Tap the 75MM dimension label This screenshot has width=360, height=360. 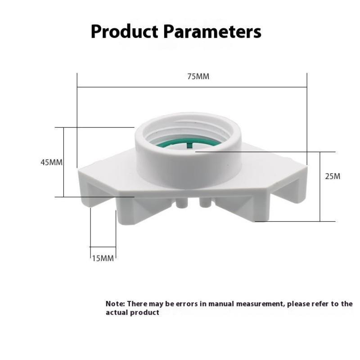[x=198, y=76]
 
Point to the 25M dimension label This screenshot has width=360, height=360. [x=333, y=176]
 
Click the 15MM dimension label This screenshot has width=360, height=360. [x=103, y=258]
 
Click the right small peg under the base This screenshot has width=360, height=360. [x=205, y=202]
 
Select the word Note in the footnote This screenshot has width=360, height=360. [x=115, y=304]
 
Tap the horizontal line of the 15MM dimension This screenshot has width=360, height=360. [x=103, y=247]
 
